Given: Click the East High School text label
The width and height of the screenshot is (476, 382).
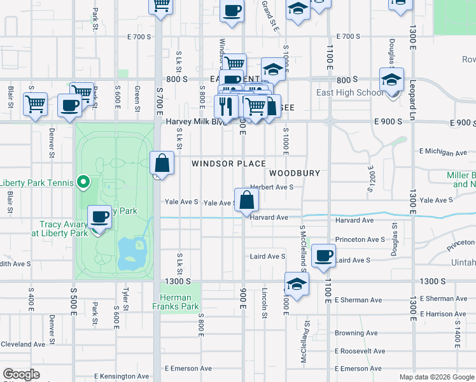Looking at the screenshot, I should (x=350, y=92).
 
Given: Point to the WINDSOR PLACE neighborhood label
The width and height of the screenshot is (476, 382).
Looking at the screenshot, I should (x=228, y=164).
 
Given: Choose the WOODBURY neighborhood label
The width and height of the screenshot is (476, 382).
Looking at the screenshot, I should (x=294, y=173).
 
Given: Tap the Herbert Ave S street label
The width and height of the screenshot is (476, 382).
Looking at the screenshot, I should (x=271, y=187).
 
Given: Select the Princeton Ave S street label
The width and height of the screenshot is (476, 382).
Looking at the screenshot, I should (x=360, y=240).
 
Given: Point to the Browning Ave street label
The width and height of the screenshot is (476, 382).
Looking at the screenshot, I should (x=356, y=333).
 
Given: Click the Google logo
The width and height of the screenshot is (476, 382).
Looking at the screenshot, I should (x=21, y=374).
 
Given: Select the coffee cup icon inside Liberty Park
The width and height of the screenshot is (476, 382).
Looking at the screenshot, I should (x=100, y=217).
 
